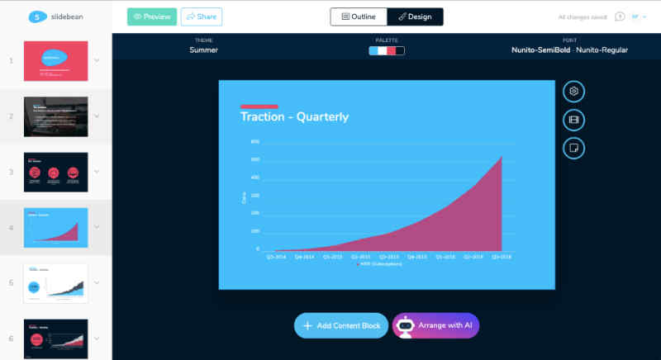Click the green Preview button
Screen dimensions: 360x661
point(152,17)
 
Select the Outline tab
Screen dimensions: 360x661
point(358,17)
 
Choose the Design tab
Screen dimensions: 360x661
point(415,17)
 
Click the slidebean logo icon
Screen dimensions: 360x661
point(36,17)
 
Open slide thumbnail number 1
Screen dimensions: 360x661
point(56,61)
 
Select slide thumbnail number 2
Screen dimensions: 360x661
point(56,116)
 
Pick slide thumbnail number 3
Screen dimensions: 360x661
point(56,172)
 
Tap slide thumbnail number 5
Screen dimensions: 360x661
point(56,283)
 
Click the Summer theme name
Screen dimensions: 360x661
point(203,50)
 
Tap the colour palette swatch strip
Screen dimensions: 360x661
point(387,50)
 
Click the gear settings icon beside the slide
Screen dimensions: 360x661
point(573,91)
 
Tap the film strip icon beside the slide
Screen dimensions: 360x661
point(573,120)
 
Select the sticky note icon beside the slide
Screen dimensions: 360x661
point(573,148)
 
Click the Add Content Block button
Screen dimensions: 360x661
point(341,325)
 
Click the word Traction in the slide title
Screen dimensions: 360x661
point(262,117)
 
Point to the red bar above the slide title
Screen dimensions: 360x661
point(259,107)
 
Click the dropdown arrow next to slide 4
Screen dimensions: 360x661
point(97,227)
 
